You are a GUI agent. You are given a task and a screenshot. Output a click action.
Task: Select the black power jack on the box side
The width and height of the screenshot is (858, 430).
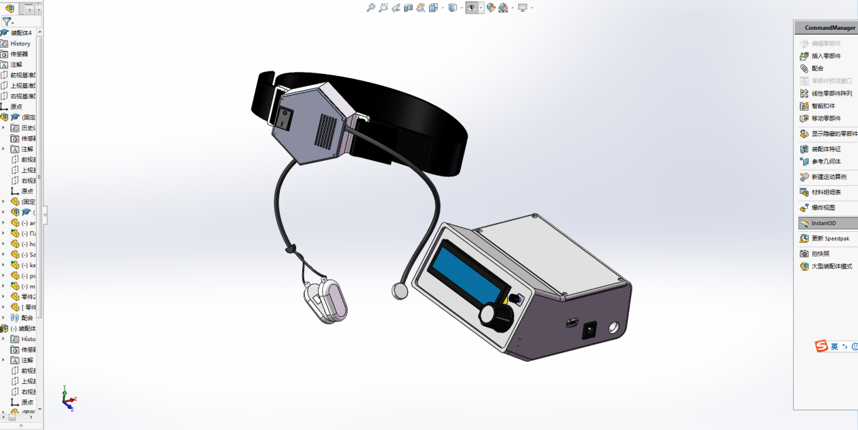(589, 330)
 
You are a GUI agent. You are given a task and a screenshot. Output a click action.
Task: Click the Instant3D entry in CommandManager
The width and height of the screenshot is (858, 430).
(825, 223)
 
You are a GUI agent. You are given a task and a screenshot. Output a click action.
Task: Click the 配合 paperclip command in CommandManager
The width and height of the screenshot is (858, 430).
(817, 69)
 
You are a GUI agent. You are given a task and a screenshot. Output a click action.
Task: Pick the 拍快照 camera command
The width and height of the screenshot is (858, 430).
(820, 254)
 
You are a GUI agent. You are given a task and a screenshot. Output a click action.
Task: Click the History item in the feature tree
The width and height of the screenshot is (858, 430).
(20, 43)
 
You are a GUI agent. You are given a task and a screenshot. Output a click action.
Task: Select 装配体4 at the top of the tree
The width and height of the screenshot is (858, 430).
(20, 33)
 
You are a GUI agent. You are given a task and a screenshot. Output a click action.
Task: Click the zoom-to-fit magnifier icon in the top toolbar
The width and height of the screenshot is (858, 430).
(371, 7)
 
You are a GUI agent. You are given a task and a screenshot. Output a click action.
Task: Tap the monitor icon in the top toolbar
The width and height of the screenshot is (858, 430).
(523, 7)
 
